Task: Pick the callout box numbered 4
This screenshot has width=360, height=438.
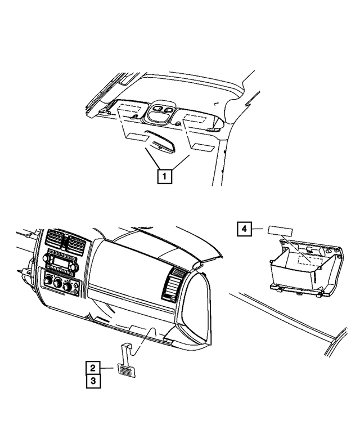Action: point(244,229)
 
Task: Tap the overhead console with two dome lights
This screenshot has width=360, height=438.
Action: point(163,112)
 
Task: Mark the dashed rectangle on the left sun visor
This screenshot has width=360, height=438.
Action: point(130,111)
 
